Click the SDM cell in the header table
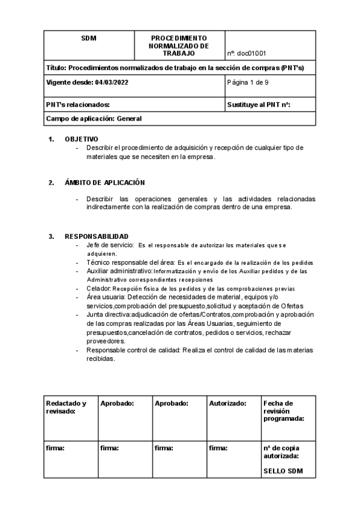[89, 38]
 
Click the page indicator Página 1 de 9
[248, 82]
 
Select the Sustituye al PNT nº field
[259, 105]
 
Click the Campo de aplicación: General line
[94, 119]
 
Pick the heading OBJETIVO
[82, 139]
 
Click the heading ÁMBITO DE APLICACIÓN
[105, 182]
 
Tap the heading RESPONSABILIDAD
[97, 236]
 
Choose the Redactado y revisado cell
[67, 407]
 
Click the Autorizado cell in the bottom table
[227, 403]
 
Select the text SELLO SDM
[283, 471]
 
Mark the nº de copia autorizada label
[281, 451]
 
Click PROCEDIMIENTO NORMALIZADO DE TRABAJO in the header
[179, 46]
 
